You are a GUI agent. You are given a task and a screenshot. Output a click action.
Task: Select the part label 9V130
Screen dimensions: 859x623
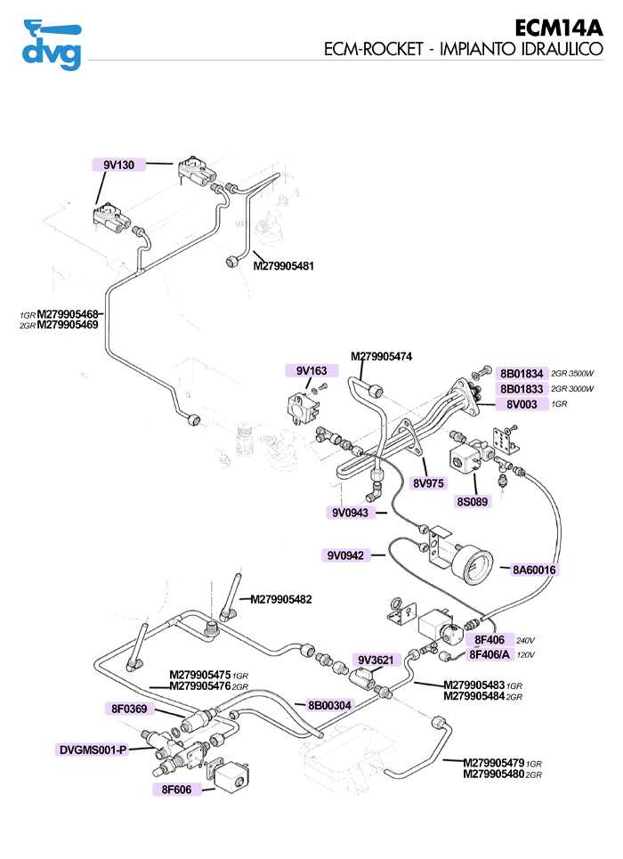118,165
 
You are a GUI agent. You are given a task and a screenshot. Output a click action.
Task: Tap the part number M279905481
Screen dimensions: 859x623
284,265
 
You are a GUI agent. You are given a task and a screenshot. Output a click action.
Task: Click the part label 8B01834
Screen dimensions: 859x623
521,374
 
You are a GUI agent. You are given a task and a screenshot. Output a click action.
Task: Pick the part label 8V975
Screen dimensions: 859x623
428,483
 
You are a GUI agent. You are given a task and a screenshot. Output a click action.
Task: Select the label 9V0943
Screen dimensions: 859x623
350,513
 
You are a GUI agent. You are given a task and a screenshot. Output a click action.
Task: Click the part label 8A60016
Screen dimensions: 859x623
534,570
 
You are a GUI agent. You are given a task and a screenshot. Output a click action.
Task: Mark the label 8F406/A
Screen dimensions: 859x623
490,654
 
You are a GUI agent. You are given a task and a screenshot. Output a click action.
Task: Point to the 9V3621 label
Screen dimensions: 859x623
376,660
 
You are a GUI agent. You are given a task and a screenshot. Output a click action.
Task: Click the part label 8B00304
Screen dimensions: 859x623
330,705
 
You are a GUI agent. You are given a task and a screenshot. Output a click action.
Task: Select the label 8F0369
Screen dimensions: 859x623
129,709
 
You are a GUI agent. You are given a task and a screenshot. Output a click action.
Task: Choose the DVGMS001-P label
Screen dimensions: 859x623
93,750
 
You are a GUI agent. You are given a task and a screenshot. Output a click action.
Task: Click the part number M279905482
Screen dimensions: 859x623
281,599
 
